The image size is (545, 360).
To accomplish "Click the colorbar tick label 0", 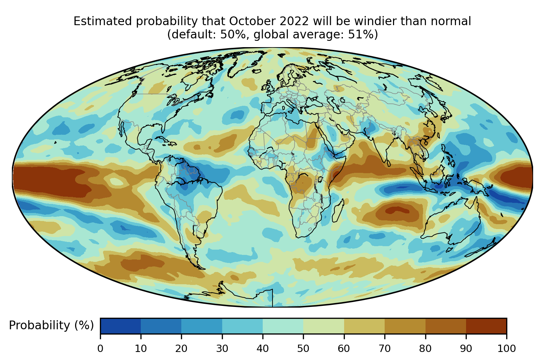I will click(100, 348).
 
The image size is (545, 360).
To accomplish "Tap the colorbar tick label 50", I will click(303, 348).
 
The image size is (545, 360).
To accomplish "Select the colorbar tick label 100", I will click(507, 348).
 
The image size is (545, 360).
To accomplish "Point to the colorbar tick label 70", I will click(385, 348).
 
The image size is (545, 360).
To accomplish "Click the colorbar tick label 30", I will click(222, 348).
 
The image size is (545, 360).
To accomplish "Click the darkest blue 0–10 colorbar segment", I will click(121, 326).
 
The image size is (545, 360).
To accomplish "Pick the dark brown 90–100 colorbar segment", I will click(486, 326).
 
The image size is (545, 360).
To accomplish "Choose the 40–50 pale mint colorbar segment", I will click(283, 326).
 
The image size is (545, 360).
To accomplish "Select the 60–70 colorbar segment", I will click(364, 326).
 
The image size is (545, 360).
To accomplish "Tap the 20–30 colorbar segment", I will click(202, 326).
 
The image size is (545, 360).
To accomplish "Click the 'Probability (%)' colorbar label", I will click(51, 325).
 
